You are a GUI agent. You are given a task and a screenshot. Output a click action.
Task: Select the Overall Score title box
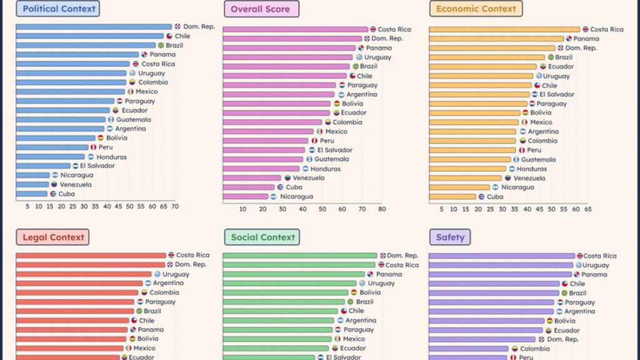click(261, 9)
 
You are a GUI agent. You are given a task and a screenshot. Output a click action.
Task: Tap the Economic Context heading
click(476, 9)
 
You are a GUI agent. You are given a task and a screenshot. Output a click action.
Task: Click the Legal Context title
click(52, 237)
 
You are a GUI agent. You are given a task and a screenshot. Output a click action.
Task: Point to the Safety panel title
click(450, 237)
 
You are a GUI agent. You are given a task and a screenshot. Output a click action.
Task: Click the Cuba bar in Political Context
click(32, 194)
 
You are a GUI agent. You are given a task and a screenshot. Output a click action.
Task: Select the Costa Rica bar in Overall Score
click(296, 29)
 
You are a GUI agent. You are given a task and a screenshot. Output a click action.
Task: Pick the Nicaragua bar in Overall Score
click(246, 196)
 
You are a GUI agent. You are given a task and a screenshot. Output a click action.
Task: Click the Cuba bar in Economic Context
click(452, 197)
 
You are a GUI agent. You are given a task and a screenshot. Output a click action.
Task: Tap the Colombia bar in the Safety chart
click(469, 349)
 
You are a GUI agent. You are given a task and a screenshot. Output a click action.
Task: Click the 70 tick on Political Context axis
click(174, 206)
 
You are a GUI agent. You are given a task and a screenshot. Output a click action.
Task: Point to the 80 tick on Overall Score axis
click(382, 209)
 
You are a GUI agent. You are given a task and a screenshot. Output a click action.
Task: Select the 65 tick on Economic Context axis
click(587, 209)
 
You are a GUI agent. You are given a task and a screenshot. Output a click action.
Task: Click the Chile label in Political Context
click(182, 36)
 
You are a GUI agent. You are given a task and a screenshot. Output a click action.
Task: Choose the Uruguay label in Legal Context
click(176, 274)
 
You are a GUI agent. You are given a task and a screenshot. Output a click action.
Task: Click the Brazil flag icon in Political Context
click(161, 46)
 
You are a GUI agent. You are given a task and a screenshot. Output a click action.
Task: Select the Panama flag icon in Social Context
click(370, 274)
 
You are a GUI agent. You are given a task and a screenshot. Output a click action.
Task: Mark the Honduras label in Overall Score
click(326, 169)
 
